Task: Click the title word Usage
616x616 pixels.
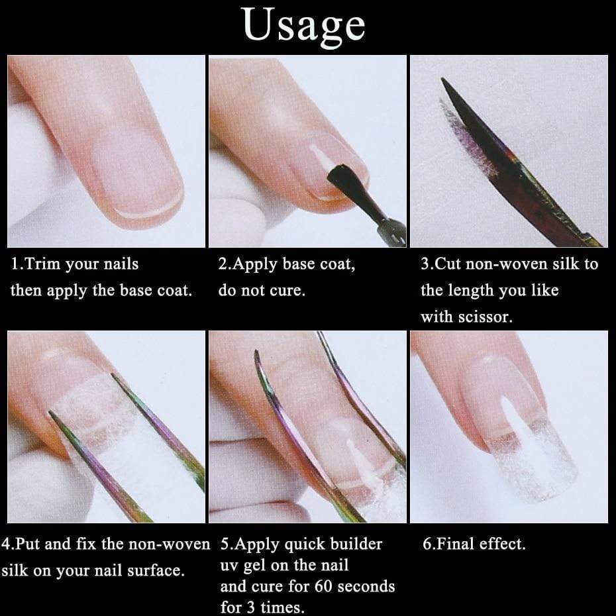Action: pyautogui.click(x=304, y=26)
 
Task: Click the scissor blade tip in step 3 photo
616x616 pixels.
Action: pyautogui.click(x=443, y=81)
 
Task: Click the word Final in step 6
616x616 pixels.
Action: pyautogui.click(x=455, y=544)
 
